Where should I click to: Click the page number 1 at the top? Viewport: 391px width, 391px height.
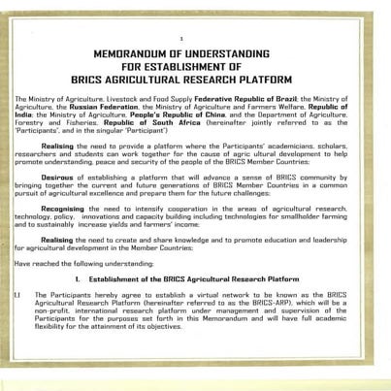195,36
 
